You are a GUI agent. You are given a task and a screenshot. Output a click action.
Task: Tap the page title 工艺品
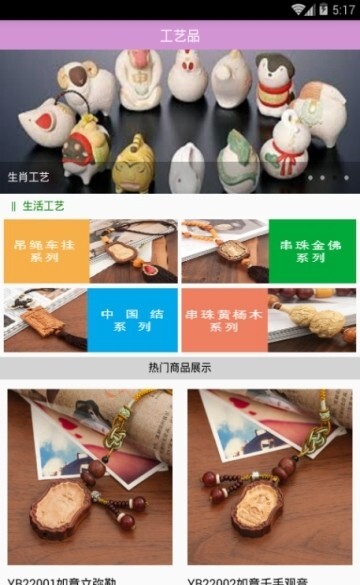tap(180, 36)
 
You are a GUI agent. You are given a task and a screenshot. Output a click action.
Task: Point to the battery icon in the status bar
tap(323, 9)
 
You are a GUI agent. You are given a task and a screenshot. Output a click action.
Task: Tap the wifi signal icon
tap(298, 9)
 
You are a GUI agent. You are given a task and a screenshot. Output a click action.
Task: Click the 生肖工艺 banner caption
tap(29, 177)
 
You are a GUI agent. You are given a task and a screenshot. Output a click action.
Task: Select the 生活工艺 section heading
tap(44, 206)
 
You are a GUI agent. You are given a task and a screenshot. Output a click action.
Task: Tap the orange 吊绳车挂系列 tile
tap(45, 251)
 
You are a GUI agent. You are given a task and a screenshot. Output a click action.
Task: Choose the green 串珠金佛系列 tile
tap(312, 251)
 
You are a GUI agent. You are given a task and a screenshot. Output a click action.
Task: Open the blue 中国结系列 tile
tap(132, 320)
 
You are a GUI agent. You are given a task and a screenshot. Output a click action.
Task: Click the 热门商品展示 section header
tap(180, 367)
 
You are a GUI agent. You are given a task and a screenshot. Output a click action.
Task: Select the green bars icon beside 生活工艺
tap(13, 206)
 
